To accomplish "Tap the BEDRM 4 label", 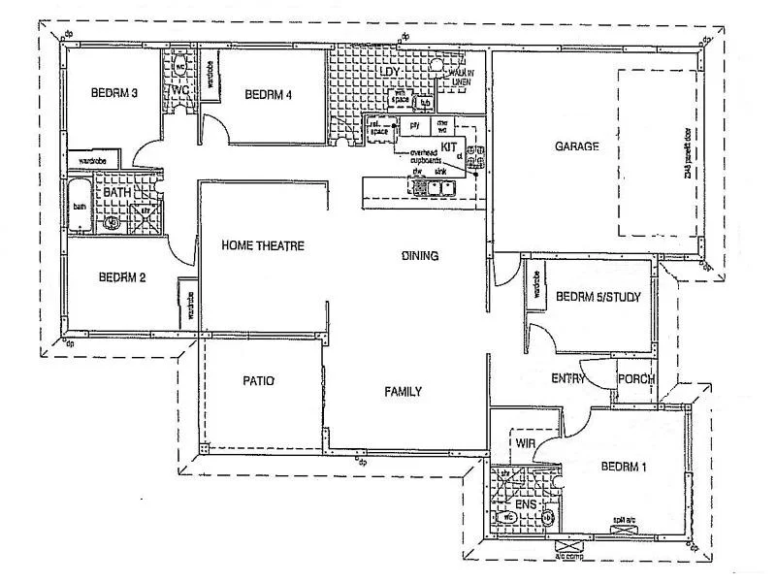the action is [269, 94].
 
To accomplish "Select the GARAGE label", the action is [576, 146].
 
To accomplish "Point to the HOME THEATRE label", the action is [263, 245].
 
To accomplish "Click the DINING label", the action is [420, 256].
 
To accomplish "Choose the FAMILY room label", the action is [403, 392].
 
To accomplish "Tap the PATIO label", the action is [259, 381].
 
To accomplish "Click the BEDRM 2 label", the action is [122, 277].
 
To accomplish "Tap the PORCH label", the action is [636, 378].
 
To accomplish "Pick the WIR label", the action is [527, 442].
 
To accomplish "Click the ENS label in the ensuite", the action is [525, 504].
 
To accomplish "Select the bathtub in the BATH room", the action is [80, 207].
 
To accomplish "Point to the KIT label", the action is [449, 146].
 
